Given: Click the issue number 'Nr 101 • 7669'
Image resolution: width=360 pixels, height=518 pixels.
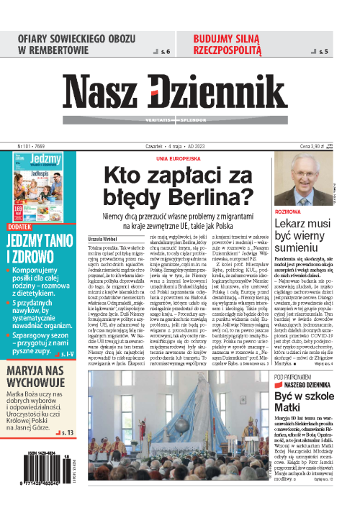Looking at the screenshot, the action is [32, 146].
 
